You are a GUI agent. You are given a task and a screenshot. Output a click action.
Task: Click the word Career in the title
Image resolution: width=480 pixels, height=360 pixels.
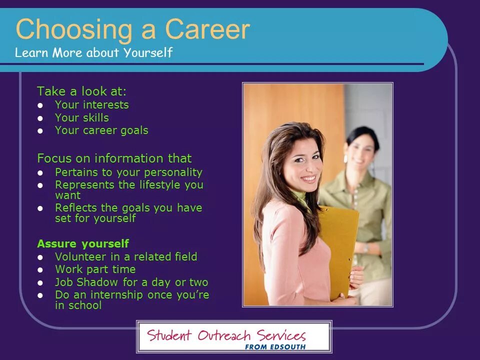[x=207, y=29]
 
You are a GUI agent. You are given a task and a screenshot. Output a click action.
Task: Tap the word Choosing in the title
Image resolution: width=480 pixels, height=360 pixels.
[x=74, y=30]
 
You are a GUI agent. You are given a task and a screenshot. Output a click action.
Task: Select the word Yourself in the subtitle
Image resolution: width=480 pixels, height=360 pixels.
[x=148, y=52]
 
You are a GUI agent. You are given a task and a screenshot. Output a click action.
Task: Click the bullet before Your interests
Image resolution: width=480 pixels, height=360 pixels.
[x=40, y=105]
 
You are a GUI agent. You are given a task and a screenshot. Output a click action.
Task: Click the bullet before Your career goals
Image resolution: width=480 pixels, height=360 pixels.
[x=40, y=131]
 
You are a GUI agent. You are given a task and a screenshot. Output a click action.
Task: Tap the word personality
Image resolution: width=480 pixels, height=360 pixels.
[x=173, y=172]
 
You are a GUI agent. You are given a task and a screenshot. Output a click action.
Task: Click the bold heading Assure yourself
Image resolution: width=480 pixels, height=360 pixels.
[x=83, y=243]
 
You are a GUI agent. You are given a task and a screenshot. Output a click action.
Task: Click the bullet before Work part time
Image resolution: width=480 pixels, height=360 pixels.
[x=40, y=270]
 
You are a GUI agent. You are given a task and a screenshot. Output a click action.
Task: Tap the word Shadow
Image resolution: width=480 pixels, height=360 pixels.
[x=97, y=282]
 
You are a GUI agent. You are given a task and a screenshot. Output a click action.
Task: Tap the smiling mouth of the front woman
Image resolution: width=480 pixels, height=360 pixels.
[x=308, y=178]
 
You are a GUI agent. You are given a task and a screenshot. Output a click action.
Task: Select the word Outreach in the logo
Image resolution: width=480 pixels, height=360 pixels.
[x=224, y=335]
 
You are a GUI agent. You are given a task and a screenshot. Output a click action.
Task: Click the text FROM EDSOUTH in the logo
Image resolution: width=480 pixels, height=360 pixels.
[x=275, y=347]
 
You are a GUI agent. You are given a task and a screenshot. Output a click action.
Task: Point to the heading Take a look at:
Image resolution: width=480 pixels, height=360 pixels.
[x=81, y=91]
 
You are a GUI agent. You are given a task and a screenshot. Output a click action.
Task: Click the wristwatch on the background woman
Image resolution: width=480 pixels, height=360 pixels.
[x=366, y=248]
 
